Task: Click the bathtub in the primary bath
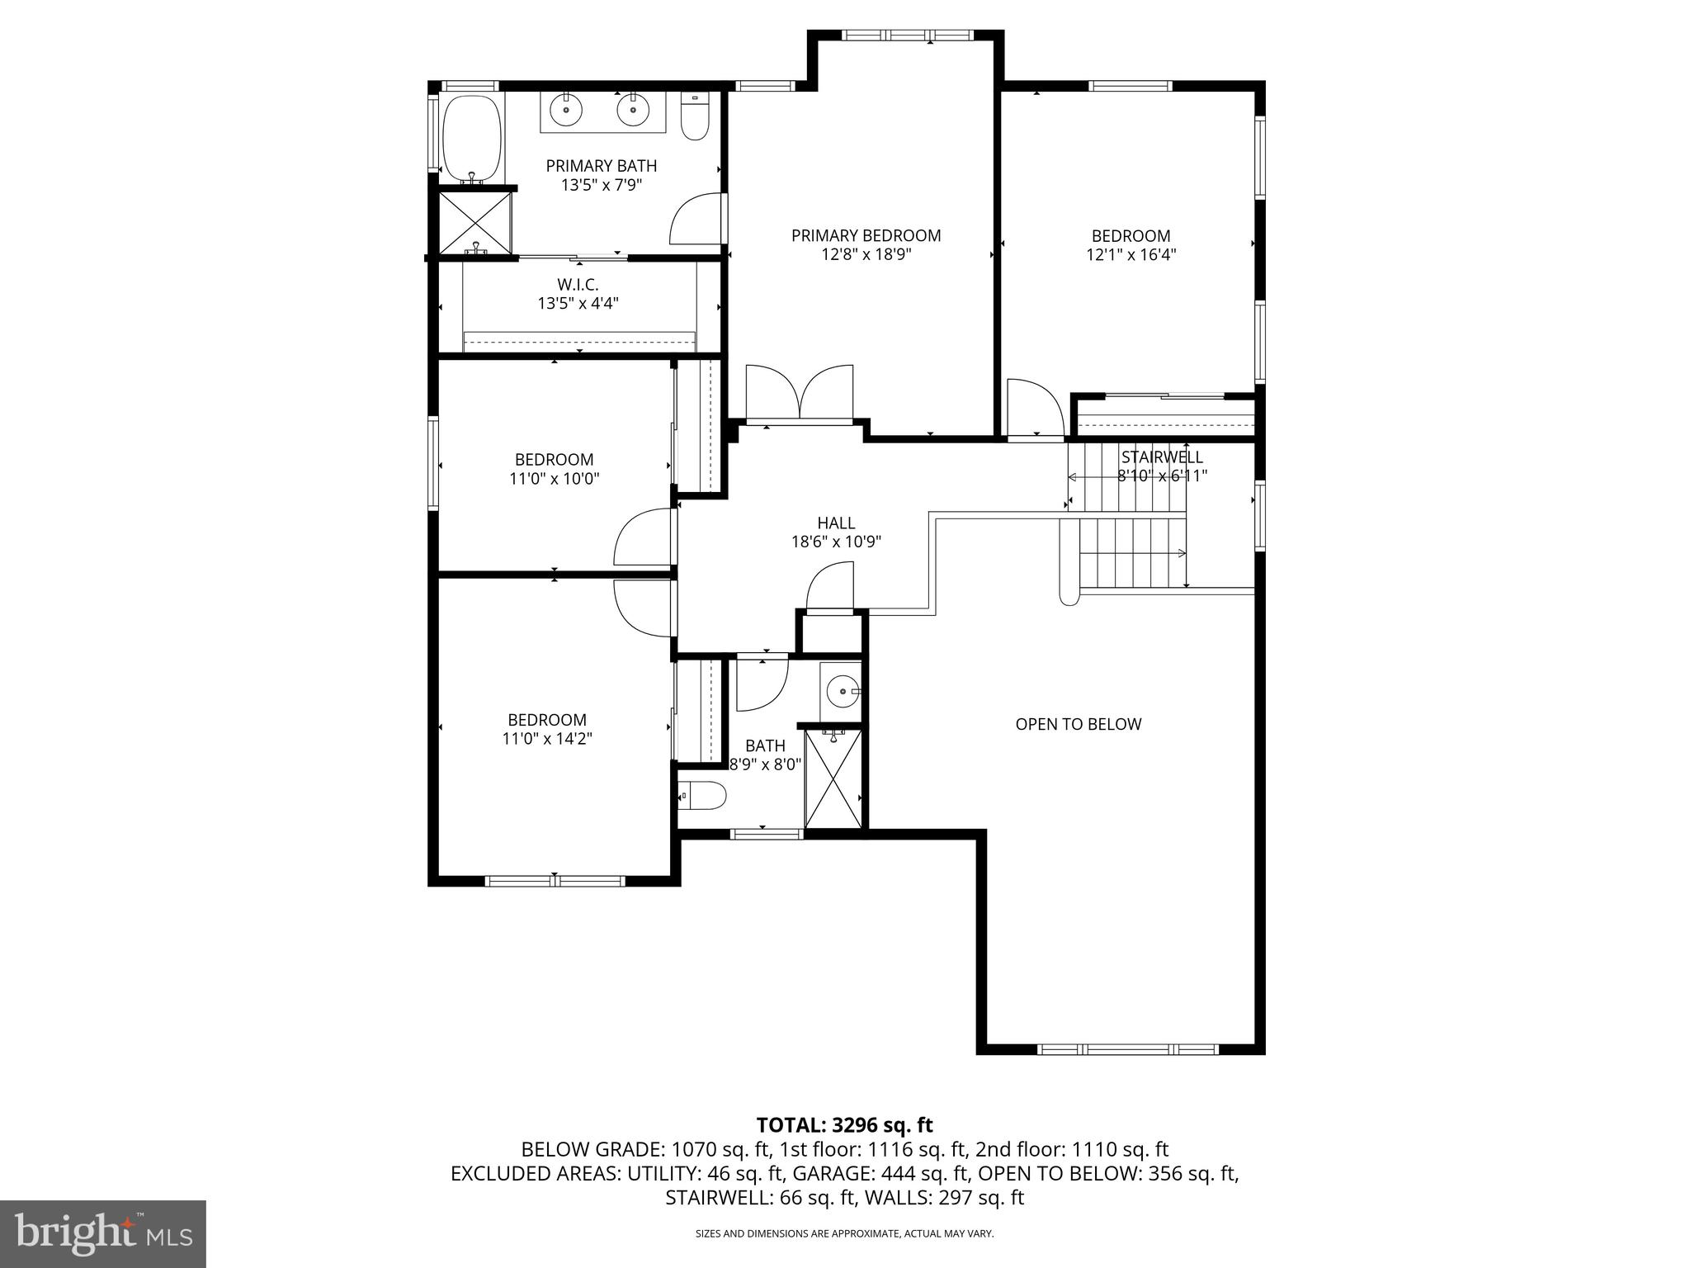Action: click(x=472, y=137)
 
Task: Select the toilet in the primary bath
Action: click(x=695, y=117)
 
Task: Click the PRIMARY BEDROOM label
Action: click(x=866, y=236)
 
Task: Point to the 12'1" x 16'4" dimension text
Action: click(x=1131, y=255)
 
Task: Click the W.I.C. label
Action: click(x=578, y=285)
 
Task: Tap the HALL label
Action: click(x=836, y=523)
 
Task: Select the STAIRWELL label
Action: click(x=1161, y=457)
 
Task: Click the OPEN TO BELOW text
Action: click(x=1078, y=724)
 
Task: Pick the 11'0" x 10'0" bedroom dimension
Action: click(x=554, y=478)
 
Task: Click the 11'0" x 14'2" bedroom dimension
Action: click(x=547, y=738)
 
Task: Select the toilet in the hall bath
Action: click(x=702, y=797)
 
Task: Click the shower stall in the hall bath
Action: click(x=833, y=778)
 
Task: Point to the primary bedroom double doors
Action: click(x=799, y=395)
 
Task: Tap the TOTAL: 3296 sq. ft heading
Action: click(x=844, y=1124)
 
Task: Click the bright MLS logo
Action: click(x=102, y=1234)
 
